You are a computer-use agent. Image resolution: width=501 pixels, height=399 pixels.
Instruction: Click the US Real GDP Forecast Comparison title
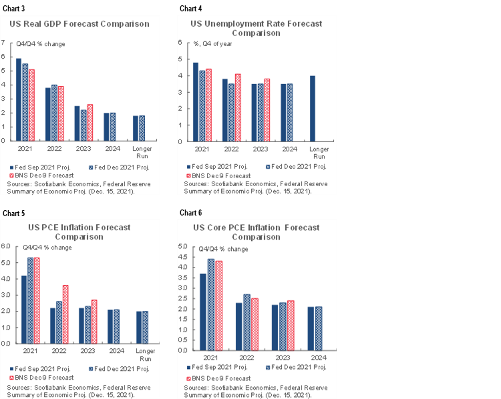[79, 24]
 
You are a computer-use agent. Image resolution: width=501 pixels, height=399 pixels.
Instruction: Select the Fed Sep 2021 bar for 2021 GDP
[18, 99]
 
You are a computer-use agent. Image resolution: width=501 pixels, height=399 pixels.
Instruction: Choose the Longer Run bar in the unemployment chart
[312, 108]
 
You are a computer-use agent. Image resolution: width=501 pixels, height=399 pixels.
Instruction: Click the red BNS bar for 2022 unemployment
[238, 107]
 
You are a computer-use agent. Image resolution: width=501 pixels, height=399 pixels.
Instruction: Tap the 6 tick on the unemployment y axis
[180, 43]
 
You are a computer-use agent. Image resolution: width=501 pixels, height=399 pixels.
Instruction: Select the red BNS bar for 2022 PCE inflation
[65, 314]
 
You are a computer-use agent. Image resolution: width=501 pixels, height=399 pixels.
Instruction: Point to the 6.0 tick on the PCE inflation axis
[5, 246]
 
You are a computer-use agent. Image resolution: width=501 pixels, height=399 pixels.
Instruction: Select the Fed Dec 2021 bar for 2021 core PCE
[211, 304]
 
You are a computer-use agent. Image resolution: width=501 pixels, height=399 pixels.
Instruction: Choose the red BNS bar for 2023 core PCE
[290, 325]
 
